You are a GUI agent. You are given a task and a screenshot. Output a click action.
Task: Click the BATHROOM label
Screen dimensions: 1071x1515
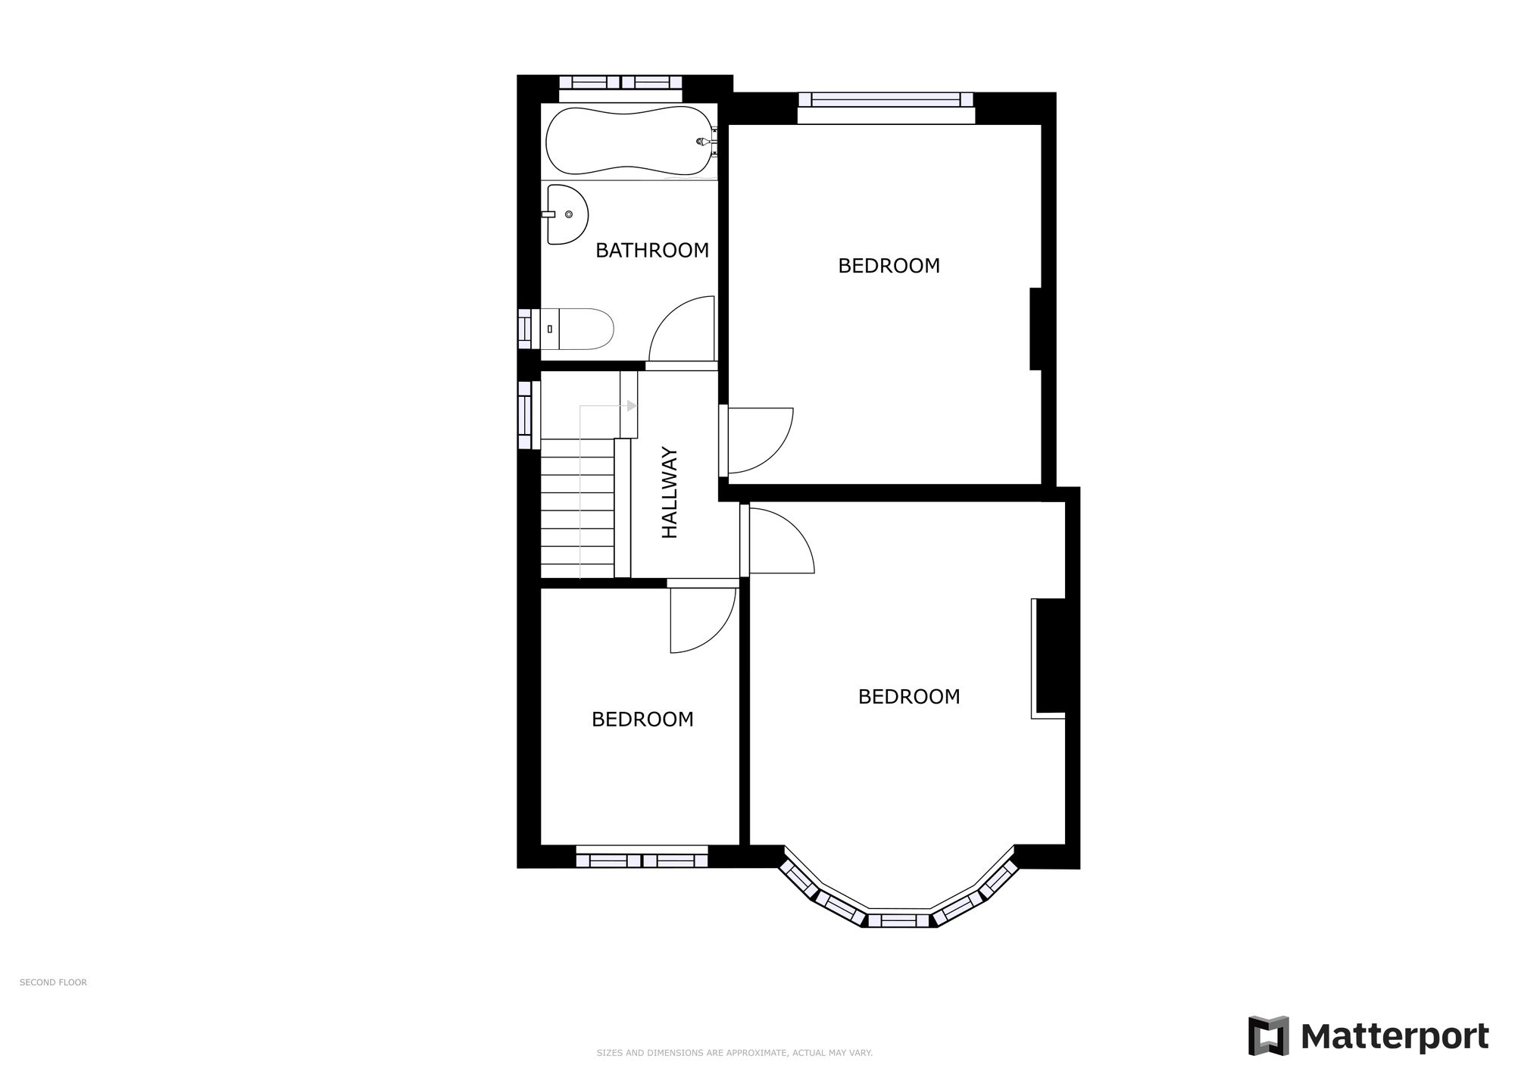pos(651,250)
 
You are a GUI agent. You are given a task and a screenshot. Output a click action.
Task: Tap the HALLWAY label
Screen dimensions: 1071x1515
pos(670,493)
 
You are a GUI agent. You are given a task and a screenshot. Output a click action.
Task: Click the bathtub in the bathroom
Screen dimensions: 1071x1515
pos(629,141)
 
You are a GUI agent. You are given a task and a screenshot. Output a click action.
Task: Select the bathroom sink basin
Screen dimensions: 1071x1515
pos(567,214)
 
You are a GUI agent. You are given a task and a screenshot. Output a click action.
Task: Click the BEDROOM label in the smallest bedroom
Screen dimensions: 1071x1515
pos(642,720)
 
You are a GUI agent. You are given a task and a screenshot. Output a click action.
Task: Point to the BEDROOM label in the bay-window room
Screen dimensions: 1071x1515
pos(908,697)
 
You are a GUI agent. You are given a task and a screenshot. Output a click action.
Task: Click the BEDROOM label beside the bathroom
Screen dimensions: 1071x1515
pos(889,266)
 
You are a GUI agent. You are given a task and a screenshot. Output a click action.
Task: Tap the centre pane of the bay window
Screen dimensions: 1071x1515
pos(898,920)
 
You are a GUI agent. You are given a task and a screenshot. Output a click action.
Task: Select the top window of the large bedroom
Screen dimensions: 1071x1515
pos(886,99)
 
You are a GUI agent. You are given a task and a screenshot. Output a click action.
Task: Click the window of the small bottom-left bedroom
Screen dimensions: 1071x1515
pos(642,860)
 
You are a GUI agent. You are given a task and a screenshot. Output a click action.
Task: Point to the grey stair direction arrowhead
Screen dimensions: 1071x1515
pos(632,406)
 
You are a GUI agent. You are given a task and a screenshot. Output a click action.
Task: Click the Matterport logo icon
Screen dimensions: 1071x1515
pos(1268,1035)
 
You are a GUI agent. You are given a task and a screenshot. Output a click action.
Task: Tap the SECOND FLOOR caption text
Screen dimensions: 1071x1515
pos(53,982)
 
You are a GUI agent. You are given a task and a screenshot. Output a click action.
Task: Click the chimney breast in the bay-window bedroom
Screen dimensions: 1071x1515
pos(1050,656)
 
